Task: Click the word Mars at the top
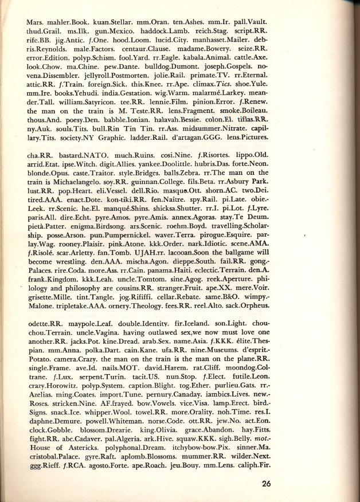(x=36, y=23)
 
